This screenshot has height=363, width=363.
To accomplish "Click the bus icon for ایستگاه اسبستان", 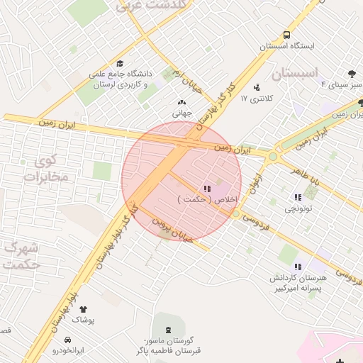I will point(286,35).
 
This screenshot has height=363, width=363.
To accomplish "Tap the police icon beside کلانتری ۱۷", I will point(256,88).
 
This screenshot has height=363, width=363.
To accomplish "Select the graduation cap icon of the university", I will point(119,63).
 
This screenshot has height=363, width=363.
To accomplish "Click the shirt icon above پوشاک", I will point(84,309).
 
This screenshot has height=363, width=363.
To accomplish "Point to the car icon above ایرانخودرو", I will point(67,340).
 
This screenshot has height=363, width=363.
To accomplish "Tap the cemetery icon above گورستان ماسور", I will point(168,330).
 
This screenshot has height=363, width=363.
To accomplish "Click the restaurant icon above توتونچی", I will point(298,198).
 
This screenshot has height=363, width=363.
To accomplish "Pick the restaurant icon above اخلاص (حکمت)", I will point(207,189).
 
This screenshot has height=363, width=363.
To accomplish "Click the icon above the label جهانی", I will point(181,102).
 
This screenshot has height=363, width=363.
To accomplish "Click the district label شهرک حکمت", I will point(21,256).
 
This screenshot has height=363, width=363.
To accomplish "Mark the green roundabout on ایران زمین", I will point(273,156).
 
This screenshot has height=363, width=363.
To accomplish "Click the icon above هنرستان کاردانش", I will point(298,267).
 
